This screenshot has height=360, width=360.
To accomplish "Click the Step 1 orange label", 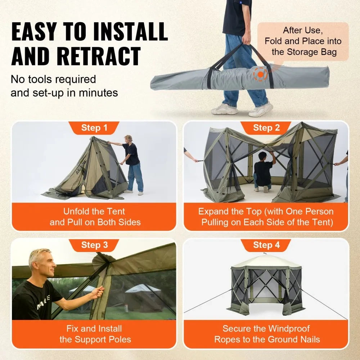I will pyautogui.click(x=94, y=128).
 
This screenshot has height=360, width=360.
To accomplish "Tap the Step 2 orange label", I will pyautogui.click(x=266, y=128).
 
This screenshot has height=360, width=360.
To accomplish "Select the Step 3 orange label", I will pyautogui.click(x=94, y=245).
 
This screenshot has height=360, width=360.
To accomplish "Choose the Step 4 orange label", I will pyautogui.click(x=266, y=245).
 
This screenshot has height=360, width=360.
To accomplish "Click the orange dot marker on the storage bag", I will pyautogui.click(x=260, y=74).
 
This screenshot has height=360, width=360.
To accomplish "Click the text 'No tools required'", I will pyautogui.click(x=53, y=79).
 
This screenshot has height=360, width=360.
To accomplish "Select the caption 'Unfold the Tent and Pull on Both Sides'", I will pyautogui.click(x=94, y=217).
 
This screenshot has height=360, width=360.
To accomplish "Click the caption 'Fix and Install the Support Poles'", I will pyautogui.click(x=94, y=334).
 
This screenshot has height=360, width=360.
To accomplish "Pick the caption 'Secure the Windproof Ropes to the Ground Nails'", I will pyautogui.click(x=266, y=334).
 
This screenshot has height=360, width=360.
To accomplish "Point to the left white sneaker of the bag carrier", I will pyautogui.click(x=224, y=109).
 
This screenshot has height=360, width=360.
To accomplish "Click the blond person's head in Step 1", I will pyautogui.click(x=128, y=139).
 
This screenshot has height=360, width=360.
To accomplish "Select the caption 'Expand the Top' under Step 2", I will pyautogui.click(x=266, y=217).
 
